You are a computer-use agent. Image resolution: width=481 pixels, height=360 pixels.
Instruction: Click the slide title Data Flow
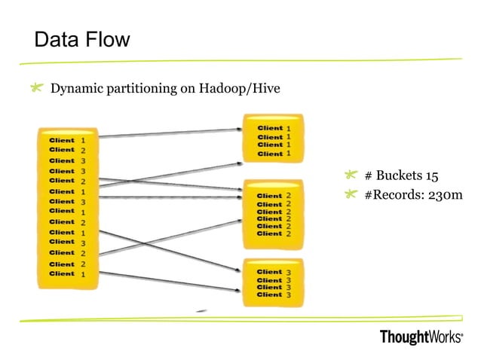(83, 39)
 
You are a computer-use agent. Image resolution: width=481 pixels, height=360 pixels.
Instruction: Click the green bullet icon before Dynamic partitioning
(36, 89)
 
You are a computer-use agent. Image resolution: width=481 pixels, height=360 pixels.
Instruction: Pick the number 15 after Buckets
(430, 176)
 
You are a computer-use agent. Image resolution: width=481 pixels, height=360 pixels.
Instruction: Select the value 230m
(441, 196)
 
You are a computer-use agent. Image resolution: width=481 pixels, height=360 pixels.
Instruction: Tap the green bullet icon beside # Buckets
(351, 175)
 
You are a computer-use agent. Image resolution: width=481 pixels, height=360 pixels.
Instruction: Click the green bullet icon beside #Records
(351, 195)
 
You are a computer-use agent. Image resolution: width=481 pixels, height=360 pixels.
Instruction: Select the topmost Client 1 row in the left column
(68, 140)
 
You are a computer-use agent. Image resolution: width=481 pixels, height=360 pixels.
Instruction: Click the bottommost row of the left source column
(68, 274)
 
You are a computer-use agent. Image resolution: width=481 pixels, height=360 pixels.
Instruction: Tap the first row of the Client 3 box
(273, 272)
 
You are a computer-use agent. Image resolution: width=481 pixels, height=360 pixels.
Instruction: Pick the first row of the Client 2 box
(273, 197)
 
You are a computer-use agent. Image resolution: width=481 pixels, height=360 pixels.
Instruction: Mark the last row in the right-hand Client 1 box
(273, 154)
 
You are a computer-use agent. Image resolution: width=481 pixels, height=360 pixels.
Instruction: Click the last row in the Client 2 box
(273, 233)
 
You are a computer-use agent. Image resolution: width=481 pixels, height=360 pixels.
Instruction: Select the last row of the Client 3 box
(273, 294)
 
